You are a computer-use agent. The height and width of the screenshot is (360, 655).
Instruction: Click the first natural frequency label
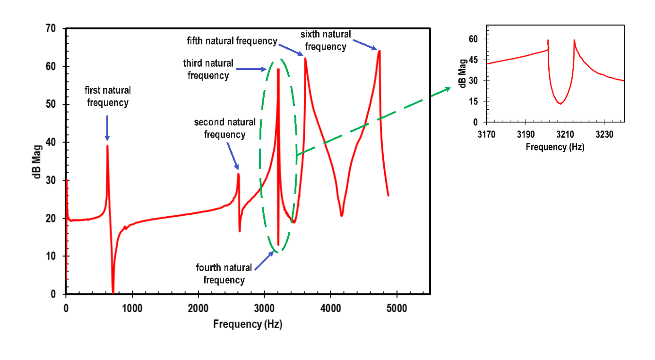click(108, 96)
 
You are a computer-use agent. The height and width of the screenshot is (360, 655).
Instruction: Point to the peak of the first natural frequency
click(107, 146)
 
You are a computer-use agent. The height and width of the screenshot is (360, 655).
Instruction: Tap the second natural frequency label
click(224, 128)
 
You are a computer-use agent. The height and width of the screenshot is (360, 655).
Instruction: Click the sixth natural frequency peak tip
click(379, 51)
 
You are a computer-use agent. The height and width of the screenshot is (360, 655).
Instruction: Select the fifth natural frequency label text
click(232, 41)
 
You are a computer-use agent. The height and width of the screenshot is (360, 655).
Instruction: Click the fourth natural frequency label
click(224, 274)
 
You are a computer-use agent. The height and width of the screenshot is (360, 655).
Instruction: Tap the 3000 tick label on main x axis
click(264, 308)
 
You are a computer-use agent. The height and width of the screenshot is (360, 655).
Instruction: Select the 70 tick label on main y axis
click(51, 28)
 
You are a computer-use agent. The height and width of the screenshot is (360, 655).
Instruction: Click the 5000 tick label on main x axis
click(396, 308)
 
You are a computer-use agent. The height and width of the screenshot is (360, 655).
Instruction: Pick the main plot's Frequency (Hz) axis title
click(248, 324)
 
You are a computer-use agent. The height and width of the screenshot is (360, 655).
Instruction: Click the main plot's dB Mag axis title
click(37, 162)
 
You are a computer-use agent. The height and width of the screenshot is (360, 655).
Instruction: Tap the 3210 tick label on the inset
click(565, 134)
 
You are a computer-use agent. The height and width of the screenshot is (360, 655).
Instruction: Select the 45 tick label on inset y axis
click(473, 60)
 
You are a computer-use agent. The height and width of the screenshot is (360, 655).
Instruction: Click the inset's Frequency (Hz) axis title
click(555, 147)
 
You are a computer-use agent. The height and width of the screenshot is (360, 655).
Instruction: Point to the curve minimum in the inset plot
click(560, 103)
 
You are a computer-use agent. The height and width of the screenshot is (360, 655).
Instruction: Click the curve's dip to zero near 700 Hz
click(113, 293)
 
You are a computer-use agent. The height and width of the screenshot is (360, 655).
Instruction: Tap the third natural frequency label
click(208, 69)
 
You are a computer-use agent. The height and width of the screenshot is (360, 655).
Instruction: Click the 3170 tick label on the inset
click(486, 134)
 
